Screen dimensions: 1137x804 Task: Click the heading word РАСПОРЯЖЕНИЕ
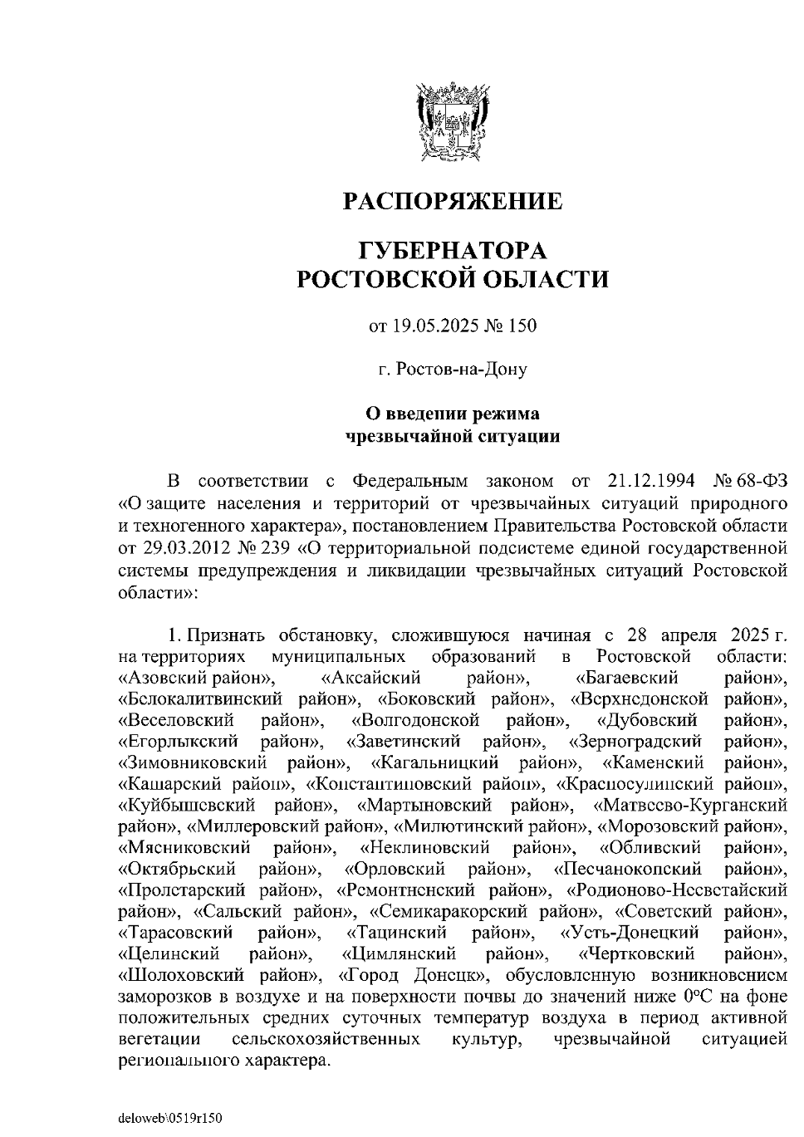[453, 201]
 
